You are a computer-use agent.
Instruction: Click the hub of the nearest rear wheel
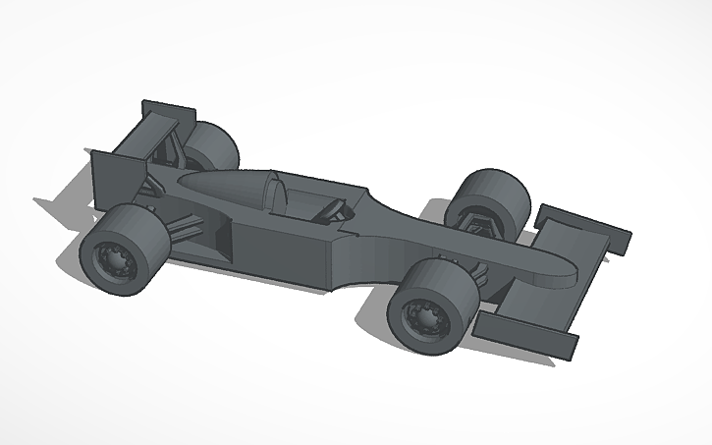pos(112,260)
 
